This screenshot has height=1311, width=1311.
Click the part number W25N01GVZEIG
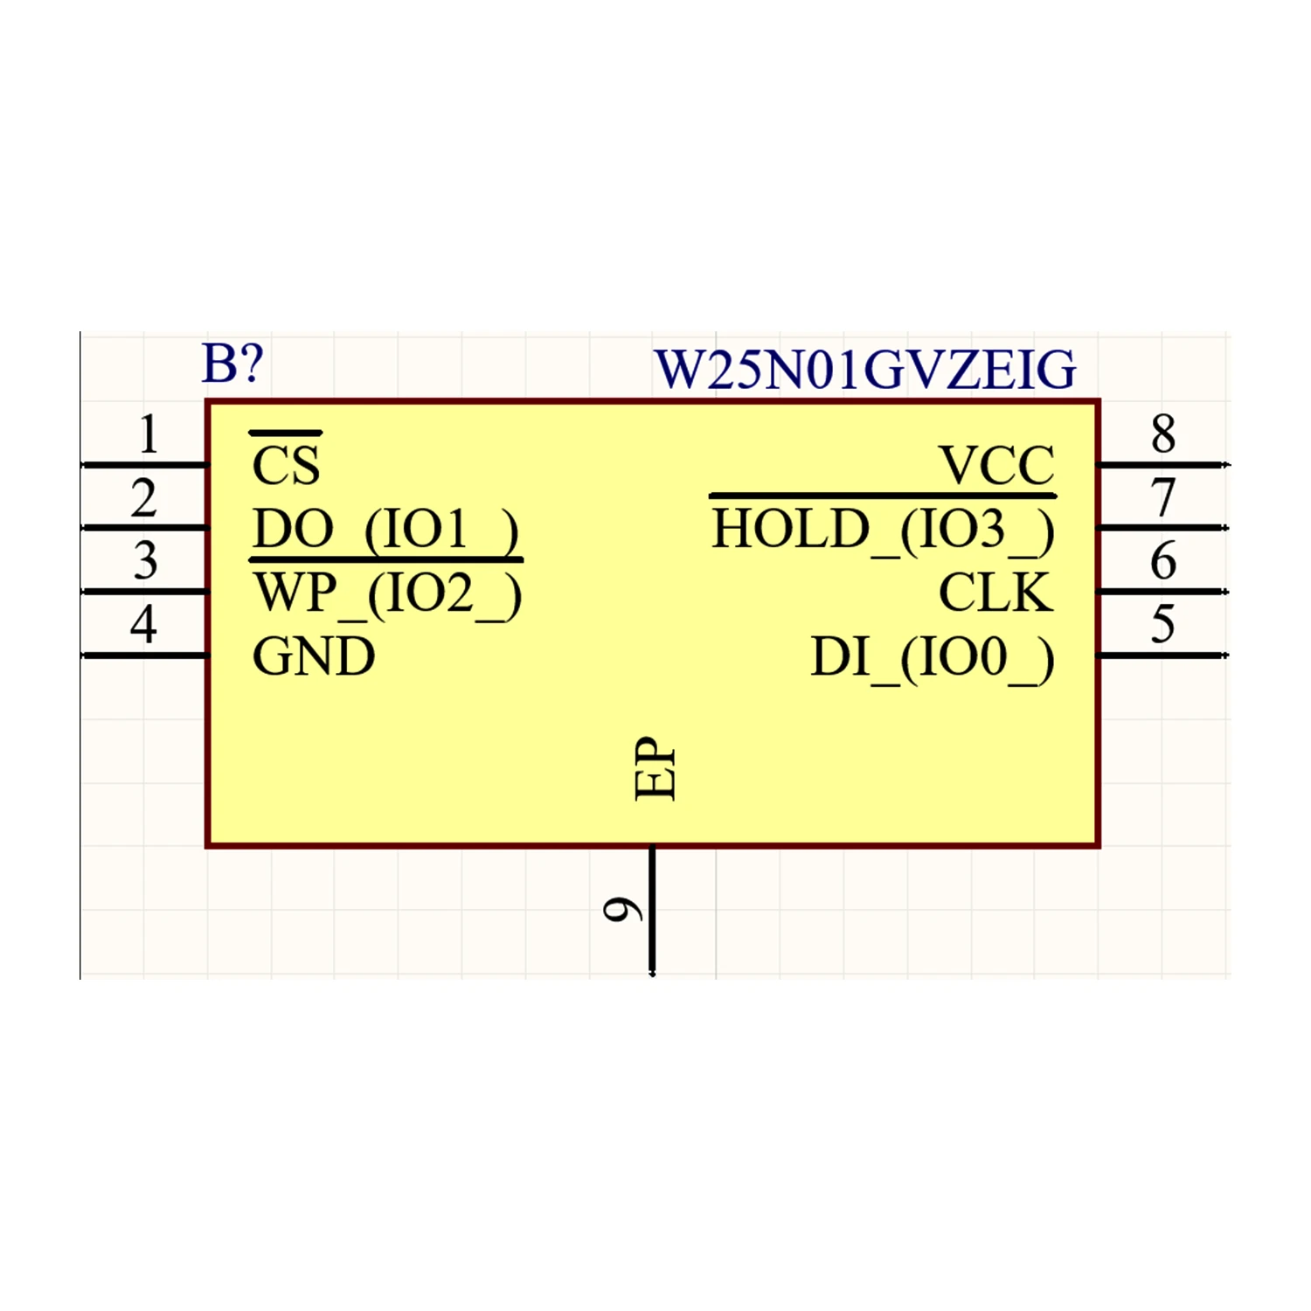coord(864,370)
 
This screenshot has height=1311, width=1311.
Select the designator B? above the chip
coord(232,364)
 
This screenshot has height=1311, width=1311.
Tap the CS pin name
coord(286,464)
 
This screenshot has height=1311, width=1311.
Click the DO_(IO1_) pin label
coord(385,530)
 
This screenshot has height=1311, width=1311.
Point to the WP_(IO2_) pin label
coord(387,593)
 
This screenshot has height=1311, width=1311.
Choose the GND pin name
coord(314,656)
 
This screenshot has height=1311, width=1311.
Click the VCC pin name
coord(996,465)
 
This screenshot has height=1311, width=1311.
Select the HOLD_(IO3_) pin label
coord(883,530)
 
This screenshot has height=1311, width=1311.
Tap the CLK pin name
coord(995,593)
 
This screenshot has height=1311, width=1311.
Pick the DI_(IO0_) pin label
coord(932,657)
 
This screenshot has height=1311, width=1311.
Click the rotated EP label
coord(655,768)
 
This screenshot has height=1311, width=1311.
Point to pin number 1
coord(149,434)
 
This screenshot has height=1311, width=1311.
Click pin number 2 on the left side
coord(144,498)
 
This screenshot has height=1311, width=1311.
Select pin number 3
coord(146,561)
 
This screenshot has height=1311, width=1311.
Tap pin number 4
coord(144,625)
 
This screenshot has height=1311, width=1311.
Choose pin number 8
coord(1162,434)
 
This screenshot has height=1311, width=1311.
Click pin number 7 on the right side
coord(1162,498)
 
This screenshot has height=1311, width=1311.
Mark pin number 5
coord(1162,625)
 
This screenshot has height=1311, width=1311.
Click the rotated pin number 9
coord(623,910)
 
